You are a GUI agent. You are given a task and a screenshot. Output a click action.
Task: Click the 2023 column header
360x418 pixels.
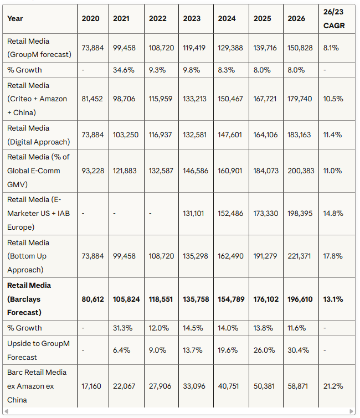(x=192, y=18)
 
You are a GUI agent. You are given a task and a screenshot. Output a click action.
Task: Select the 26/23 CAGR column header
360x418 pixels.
(x=335, y=18)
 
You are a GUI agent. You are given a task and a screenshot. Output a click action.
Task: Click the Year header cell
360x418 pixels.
(x=16, y=18)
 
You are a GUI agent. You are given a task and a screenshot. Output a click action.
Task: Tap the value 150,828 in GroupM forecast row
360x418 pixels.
(x=300, y=48)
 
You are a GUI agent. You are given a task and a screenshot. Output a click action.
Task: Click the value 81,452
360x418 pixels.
(x=91, y=99)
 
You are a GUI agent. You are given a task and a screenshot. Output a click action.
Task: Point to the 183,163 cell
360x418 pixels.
(x=300, y=135)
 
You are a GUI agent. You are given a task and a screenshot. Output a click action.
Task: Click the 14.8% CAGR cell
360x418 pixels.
(x=333, y=214)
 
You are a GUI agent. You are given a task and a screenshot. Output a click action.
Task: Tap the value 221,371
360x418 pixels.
(x=300, y=256)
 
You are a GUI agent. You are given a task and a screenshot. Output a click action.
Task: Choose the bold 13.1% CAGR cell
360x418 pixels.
(x=333, y=299)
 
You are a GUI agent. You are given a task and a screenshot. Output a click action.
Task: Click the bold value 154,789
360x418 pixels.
(x=230, y=299)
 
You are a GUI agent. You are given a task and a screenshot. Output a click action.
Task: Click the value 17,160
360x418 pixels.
(x=91, y=386)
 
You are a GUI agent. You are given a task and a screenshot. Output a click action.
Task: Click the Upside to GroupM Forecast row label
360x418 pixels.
(x=38, y=350)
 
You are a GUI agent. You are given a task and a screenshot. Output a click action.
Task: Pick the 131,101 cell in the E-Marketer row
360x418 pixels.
(x=195, y=214)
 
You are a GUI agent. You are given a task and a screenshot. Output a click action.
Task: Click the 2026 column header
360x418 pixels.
(x=296, y=18)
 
